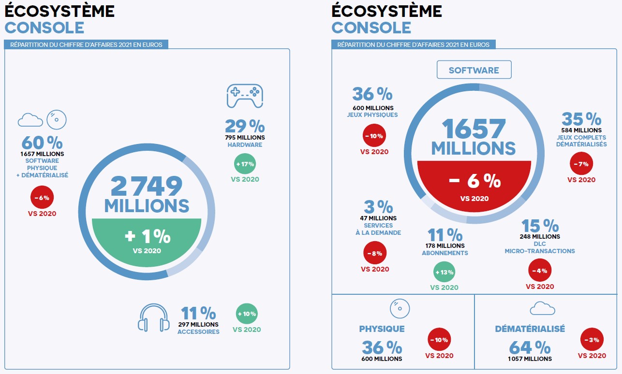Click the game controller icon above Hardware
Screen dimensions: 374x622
click(245, 96)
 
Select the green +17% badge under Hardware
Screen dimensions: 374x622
click(245, 164)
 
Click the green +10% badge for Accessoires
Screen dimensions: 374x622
click(247, 314)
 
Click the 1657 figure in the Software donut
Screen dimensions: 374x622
click(474, 129)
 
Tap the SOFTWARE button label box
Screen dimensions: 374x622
click(474, 70)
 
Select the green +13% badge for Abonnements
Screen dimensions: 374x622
click(444, 272)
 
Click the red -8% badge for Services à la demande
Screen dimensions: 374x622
click(375, 253)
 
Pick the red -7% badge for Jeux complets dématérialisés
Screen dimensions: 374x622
click(581, 164)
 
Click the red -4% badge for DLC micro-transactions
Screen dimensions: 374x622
click(540, 271)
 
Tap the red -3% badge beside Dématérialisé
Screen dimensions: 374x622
click(592, 340)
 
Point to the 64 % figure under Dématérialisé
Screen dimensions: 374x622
click(530, 347)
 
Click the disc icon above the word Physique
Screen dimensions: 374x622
click(400, 308)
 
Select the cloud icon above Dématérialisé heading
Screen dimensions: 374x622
click(542, 308)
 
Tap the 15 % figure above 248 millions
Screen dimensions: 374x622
click(540, 226)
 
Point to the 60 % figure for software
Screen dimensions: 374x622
click(42, 143)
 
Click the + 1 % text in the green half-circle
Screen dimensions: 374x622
click(148, 236)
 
